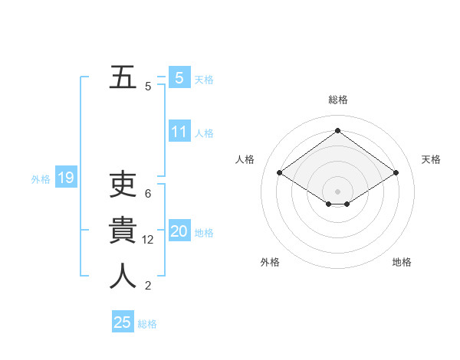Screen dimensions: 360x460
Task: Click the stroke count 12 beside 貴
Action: (x=149, y=240)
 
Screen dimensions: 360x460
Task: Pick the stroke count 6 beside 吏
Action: (x=148, y=194)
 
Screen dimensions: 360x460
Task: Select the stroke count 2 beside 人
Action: (x=148, y=286)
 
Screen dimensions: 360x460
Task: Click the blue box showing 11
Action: (x=179, y=132)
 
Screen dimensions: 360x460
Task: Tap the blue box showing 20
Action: (x=179, y=231)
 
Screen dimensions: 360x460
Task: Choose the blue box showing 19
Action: (x=65, y=178)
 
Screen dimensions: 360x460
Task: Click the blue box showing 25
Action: (x=122, y=322)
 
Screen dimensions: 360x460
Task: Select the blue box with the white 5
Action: (x=179, y=77)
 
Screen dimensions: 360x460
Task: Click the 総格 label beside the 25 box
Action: (x=147, y=324)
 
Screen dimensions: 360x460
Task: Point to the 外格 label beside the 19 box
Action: (x=41, y=179)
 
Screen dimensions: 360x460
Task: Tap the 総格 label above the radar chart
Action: (x=338, y=100)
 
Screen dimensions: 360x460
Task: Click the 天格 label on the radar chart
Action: (x=431, y=159)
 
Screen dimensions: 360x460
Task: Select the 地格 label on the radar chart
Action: (x=402, y=262)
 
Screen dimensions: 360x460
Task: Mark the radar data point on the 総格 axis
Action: (x=337, y=131)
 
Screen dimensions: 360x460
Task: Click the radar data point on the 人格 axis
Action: (x=279, y=173)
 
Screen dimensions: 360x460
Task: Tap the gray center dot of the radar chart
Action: (x=337, y=190)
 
